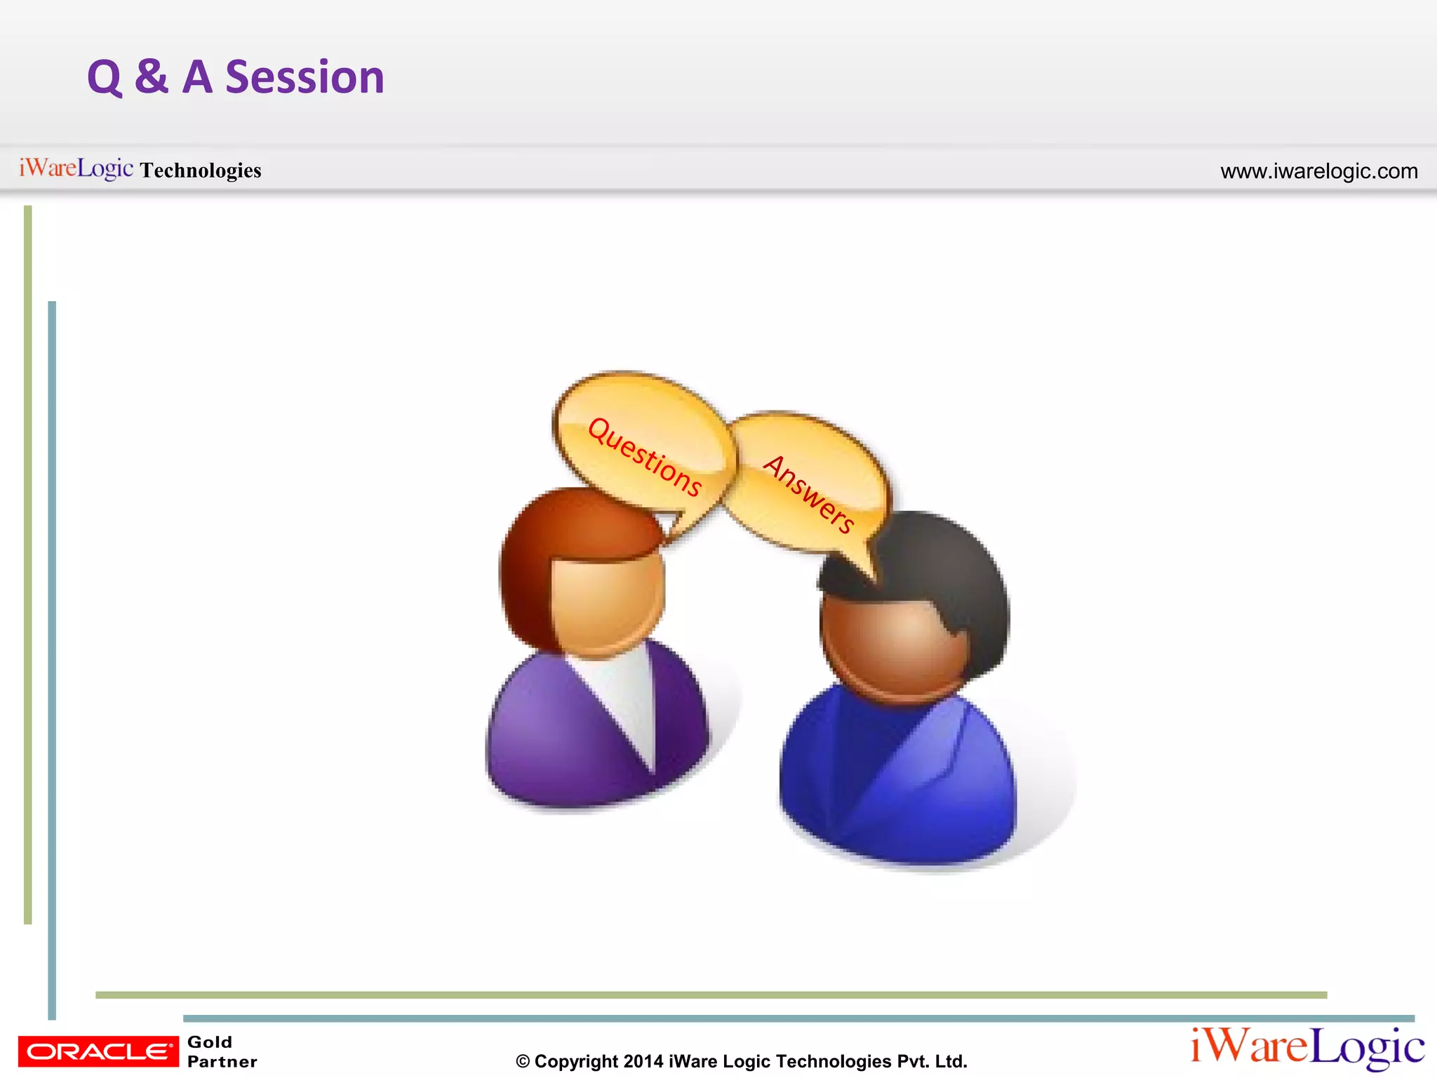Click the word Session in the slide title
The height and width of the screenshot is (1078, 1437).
(305, 77)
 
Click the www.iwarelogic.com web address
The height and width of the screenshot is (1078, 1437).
(1318, 171)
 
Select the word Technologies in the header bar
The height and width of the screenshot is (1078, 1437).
(201, 171)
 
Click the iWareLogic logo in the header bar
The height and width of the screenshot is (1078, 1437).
(76, 168)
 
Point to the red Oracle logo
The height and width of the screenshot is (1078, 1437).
(98, 1051)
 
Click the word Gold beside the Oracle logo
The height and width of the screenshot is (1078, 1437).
(209, 1042)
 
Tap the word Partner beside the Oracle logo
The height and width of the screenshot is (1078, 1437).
(222, 1062)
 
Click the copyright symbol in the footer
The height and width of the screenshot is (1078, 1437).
(523, 1062)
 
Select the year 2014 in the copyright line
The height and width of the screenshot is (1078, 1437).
(643, 1062)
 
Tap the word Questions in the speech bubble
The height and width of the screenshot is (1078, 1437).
(644, 456)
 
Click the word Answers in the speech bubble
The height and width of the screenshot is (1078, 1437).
(809, 493)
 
